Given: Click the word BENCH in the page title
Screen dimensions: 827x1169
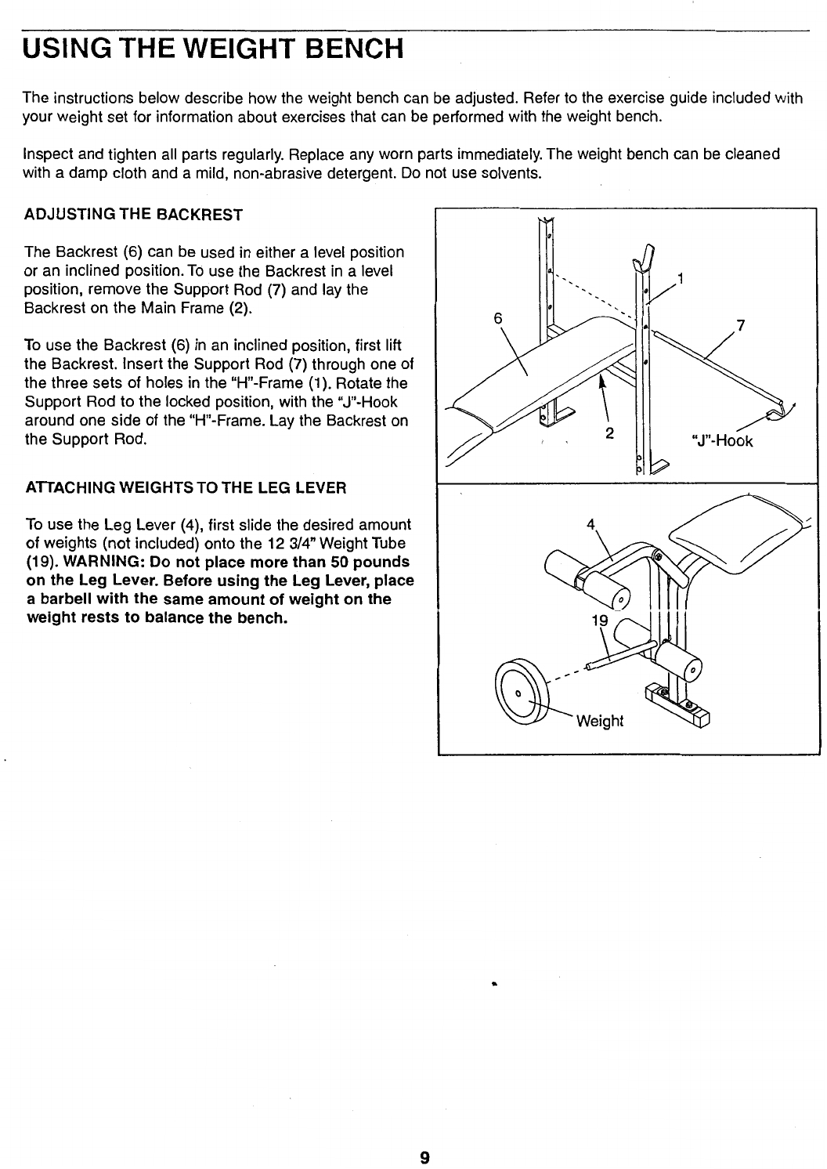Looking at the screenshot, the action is tap(354, 49).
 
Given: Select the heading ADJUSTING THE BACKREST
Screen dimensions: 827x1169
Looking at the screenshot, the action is tap(134, 215).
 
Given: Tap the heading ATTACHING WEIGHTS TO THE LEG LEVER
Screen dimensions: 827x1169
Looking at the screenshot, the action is tap(186, 488).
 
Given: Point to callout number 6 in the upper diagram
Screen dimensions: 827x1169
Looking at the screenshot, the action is tap(498, 318).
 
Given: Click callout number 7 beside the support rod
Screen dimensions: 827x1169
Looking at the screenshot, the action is tap(740, 326).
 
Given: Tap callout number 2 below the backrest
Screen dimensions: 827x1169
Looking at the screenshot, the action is tap(609, 432).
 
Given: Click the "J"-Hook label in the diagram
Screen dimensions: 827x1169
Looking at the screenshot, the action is tap(722, 441).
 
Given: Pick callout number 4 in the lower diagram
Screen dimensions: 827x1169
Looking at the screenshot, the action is tap(590, 524).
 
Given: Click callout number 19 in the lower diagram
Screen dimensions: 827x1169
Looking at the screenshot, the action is tap(600, 621).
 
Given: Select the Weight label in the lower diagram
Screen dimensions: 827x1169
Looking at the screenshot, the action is tap(600, 722).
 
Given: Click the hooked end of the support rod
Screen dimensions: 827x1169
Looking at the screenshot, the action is tap(780, 411).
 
